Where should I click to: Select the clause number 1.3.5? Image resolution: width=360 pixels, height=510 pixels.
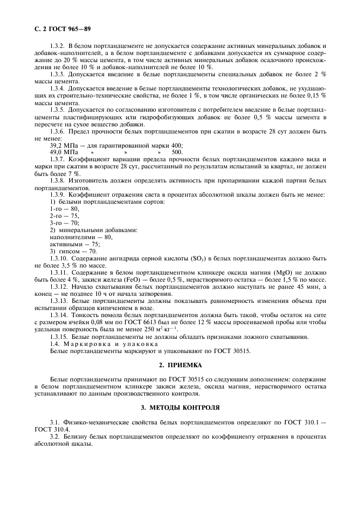58,110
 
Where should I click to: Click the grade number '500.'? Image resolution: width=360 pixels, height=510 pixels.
177,152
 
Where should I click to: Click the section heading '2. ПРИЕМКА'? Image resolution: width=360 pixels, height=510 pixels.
180,365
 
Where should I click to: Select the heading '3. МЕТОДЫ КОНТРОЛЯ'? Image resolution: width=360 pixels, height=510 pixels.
180,407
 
